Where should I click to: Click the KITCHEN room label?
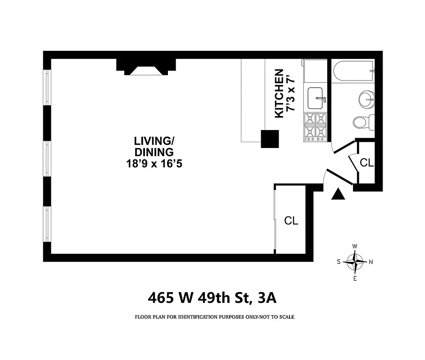(x=279, y=94)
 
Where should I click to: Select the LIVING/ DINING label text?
(x=154, y=146)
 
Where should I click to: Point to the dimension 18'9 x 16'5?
(x=154, y=164)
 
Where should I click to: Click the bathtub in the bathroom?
(x=354, y=71)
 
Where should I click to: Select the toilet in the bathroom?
(x=362, y=121)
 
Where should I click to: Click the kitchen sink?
(x=316, y=97)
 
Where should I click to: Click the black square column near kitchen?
(x=270, y=139)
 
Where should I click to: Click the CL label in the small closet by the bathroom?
(x=367, y=163)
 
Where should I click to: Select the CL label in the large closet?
(x=291, y=220)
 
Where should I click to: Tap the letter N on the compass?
(x=371, y=262)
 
